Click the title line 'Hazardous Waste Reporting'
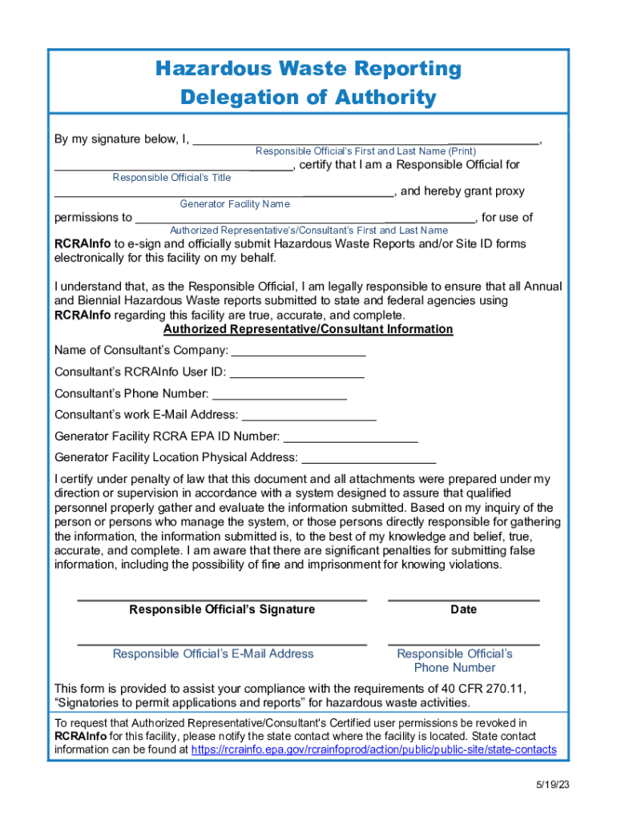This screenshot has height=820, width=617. (x=308, y=69)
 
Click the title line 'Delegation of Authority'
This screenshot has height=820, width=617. (x=308, y=98)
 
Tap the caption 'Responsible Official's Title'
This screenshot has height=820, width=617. (x=171, y=178)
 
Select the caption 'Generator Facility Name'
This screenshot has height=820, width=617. (x=235, y=204)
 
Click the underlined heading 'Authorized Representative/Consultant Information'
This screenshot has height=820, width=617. (x=308, y=329)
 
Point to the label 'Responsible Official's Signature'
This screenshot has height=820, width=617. (x=222, y=609)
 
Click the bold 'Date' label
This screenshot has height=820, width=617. (x=463, y=609)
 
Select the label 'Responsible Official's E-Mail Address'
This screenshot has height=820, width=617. (x=213, y=653)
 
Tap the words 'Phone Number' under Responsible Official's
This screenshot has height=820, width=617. (x=454, y=668)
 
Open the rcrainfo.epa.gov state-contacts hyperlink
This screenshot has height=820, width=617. (x=374, y=750)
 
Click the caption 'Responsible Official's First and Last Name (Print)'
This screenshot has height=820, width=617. (x=365, y=151)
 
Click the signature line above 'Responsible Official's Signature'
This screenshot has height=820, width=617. (x=222, y=599)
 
